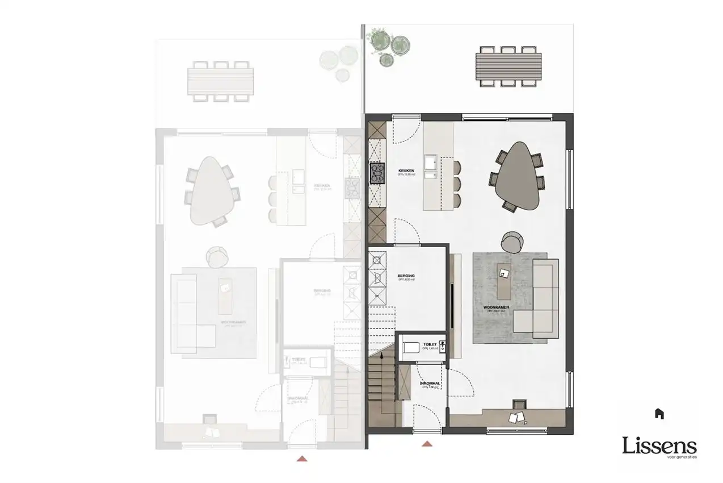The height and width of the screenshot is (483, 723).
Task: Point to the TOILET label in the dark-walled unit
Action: [430, 344]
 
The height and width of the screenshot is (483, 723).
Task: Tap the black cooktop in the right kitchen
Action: [377, 173]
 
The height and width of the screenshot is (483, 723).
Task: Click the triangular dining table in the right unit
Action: [516, 177]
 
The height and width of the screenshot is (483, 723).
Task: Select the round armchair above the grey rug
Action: [512, 242]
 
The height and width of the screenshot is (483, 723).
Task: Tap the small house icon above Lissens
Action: [658, 414]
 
